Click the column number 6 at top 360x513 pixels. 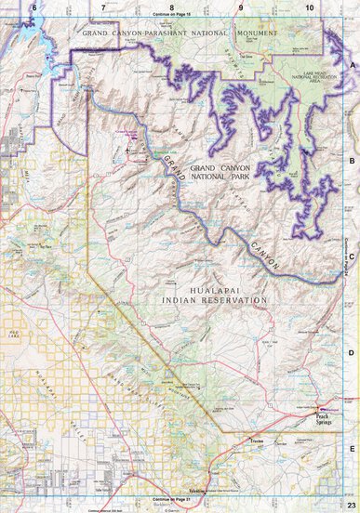33,7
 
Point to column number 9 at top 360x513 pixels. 240,7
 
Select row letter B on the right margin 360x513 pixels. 353,160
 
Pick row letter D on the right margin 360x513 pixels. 353,352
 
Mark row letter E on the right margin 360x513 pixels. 353,448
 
